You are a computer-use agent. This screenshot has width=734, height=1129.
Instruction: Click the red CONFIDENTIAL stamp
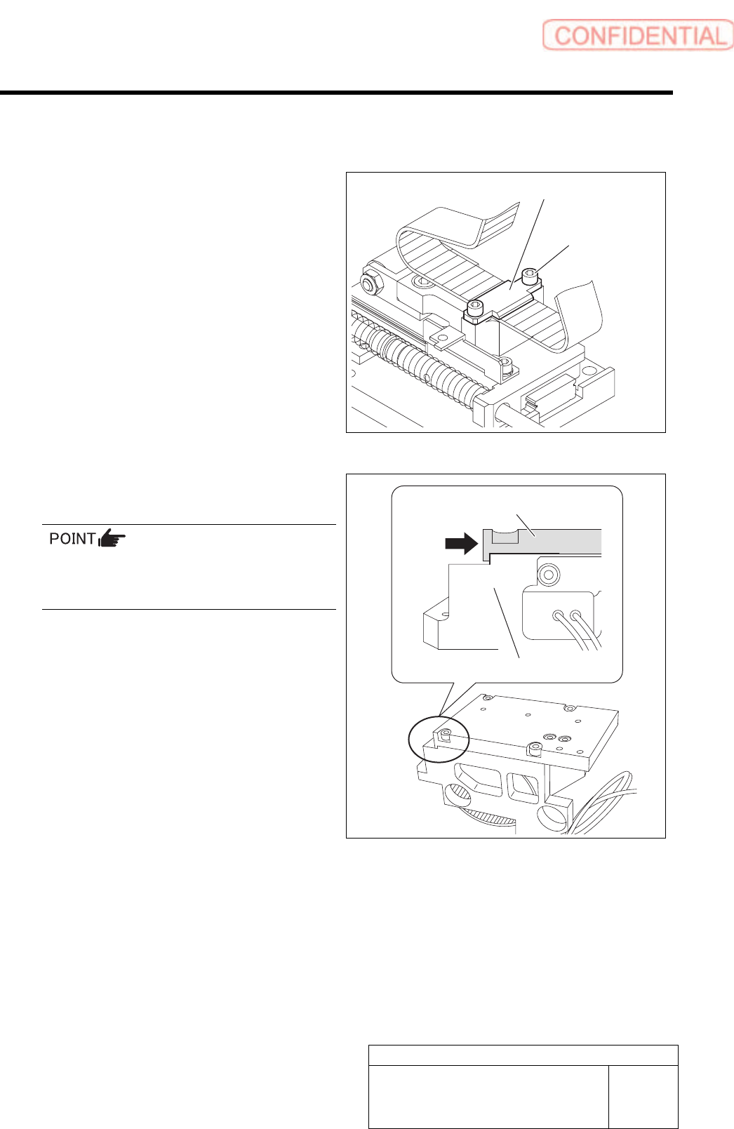coord(637,35)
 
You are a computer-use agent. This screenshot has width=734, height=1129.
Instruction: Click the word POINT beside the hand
coord(72,539)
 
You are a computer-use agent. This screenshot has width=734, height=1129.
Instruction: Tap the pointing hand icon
coord(112,539)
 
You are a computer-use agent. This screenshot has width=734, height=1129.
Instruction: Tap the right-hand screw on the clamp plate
coord(532,276)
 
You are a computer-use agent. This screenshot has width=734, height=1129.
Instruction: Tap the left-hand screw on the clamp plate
coord(476,307)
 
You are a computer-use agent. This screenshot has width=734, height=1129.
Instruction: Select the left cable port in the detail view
coord(559,617)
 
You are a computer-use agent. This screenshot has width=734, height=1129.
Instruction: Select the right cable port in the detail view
coord(577,617)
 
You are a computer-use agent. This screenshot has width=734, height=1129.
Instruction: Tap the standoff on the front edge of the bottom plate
coord(534,749)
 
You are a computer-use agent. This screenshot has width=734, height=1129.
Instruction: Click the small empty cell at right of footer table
coord(643,1096)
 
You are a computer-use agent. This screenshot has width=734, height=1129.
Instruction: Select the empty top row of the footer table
coord(523,1055)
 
